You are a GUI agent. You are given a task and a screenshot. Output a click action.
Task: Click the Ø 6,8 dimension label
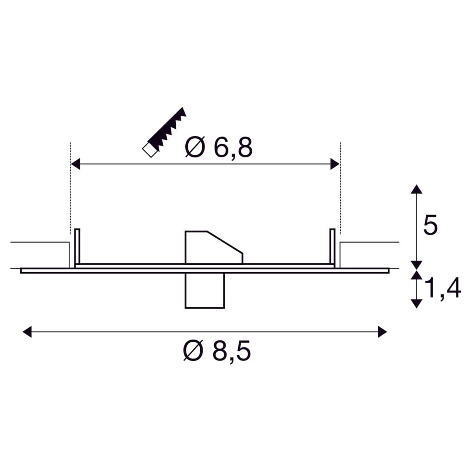click(x=219, y=148)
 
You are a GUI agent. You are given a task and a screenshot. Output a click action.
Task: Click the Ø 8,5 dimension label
click(x=217, y=351)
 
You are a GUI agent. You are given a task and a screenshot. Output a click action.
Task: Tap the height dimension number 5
click(x=430, y=225)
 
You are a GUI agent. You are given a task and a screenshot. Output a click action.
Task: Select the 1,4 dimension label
click(x=443, y=288)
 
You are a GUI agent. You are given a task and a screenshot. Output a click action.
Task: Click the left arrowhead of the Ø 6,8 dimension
click(x=75, y=164)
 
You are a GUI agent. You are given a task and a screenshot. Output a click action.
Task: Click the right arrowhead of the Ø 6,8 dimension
click(x=335, y=164)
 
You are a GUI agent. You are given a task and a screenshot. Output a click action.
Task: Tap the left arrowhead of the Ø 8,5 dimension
click(x=27, y=332)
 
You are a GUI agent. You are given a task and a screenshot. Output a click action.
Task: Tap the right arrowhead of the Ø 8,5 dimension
click(x=383, y=332)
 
